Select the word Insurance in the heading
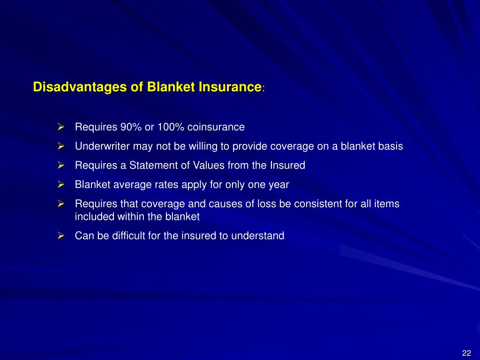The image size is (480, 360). [x=230, y=87]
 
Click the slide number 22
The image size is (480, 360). [x=466, y=353]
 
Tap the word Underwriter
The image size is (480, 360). [x=102, y=146]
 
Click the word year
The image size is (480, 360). [x=279, y=185]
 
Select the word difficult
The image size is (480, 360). [x=129, y=236]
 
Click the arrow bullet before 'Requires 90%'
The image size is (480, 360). [x=60, y=127]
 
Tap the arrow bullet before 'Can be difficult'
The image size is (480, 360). [x=60, y=236]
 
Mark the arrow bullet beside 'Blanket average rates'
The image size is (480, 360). [x=60, y=185]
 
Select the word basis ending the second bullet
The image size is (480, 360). [x=390, y=146]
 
